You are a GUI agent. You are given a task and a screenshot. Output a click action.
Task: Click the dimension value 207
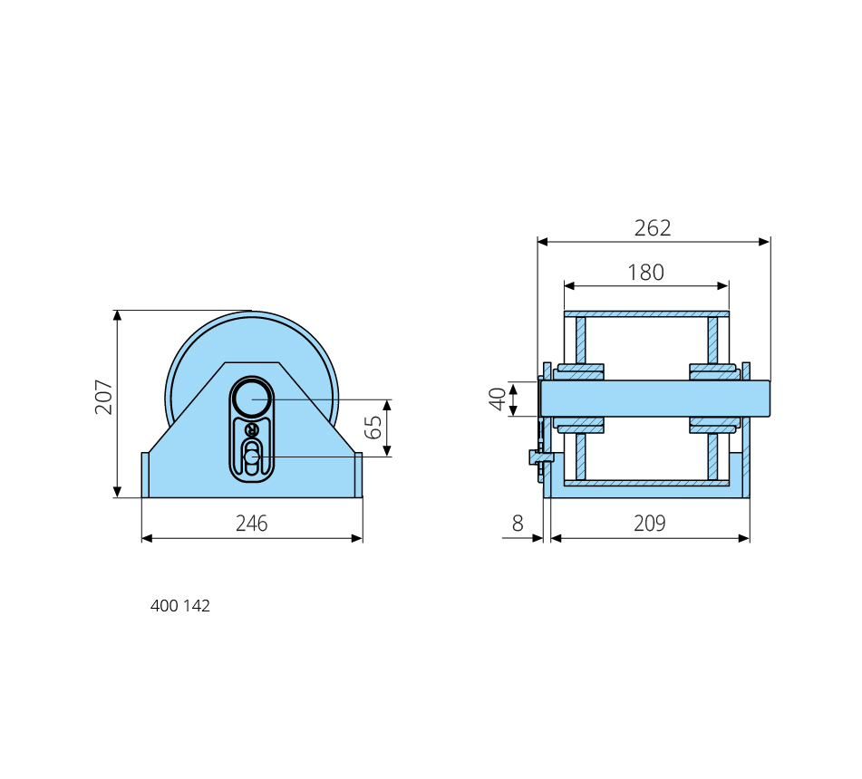coord(103,397)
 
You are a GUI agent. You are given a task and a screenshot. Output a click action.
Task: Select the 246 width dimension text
coord(252,524)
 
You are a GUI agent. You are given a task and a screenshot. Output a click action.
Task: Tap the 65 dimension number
coord(373,428)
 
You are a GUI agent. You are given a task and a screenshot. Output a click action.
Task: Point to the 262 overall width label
coord(653,228)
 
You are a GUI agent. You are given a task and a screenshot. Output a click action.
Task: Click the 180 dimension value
coord(646,273)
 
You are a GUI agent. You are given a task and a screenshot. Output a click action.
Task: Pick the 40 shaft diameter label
coord(498,399)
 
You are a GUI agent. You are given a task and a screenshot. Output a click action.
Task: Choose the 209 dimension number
coord(650,524)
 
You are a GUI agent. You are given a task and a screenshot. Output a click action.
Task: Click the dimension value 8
coord(518,524)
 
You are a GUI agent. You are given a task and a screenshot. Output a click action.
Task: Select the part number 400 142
coord(180,606)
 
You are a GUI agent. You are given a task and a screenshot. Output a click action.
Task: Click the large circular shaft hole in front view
coord(252,399)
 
